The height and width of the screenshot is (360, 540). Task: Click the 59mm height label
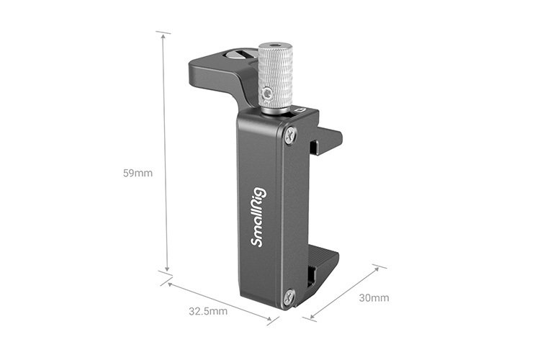pyautogui.click(x=138, y=174)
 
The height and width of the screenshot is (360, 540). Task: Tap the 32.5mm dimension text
pyautogui.click(x=208, y=312)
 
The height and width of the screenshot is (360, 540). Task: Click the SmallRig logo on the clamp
pyautogui.click(x=258, y=216)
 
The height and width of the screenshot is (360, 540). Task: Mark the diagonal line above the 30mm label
pyautogui.click(x=344, y=291)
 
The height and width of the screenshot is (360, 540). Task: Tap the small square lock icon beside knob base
pyautogui.click(x=302, y=110)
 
